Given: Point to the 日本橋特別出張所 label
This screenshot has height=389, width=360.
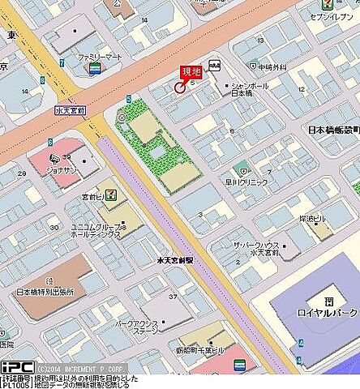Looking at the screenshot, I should pyautogui.click(x=45, y=292).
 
